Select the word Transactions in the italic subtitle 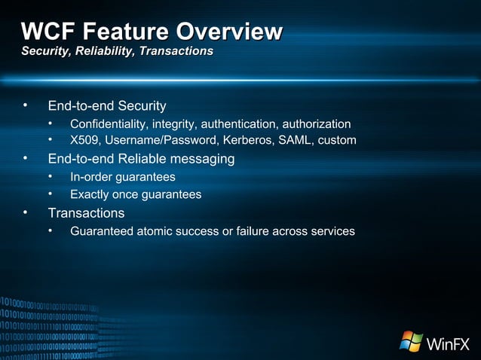click(176, 51)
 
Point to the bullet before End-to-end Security click(25, 105)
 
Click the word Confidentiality click(109, 124)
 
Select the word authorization click(316, 124)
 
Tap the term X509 click(85, 141)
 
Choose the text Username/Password click(160, 141)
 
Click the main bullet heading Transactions click(86, 213)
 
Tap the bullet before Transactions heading click(25, 213)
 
